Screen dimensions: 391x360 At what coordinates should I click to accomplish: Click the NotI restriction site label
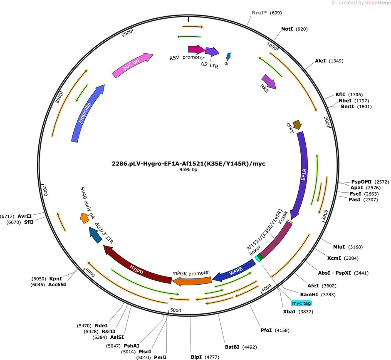click(287, 29)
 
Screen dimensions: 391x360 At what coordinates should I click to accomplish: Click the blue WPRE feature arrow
click(235, 271)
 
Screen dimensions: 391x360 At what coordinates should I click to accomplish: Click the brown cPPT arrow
click(297, 124)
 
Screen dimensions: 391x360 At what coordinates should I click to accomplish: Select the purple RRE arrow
click(269, 82)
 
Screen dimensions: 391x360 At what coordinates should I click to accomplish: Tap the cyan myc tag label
click(301, 303)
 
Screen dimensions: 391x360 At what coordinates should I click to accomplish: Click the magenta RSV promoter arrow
click(196, 50)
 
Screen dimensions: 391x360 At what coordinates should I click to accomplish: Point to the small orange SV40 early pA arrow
click(84, 218)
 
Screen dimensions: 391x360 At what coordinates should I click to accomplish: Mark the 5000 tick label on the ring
click(176, 310)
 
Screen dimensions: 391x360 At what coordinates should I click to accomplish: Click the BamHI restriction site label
click(309, 295)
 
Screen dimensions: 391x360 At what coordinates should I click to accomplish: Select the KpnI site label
click(55, 279)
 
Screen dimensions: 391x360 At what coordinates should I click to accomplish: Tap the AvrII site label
click(25, 216)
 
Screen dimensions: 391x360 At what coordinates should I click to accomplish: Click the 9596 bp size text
click(188, 169)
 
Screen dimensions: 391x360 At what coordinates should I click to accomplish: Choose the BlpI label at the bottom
click(196, 357)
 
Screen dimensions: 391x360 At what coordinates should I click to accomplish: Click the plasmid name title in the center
click(188, 164)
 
